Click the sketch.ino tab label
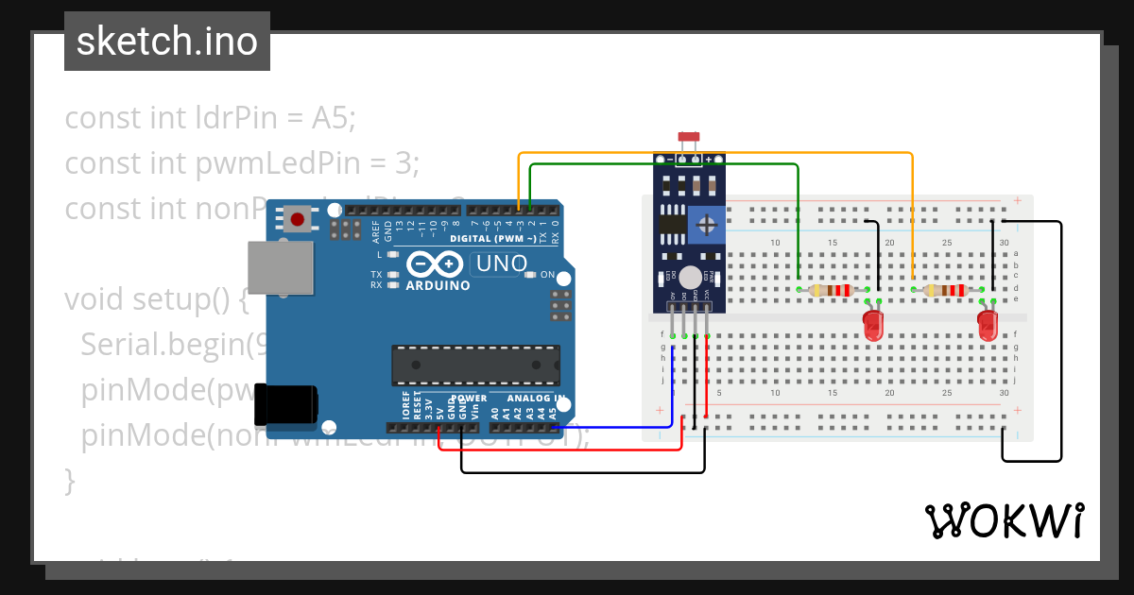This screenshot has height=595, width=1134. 166,42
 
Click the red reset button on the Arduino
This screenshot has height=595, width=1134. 298,220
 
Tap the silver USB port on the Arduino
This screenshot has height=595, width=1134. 280,266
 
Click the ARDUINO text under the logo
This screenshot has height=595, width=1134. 438,285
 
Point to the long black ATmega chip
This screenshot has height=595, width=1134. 476,365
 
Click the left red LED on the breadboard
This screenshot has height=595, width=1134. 874,326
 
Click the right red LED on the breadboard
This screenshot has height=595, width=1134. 988,326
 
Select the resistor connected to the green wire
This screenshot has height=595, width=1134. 831,291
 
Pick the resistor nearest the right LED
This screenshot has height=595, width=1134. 944,291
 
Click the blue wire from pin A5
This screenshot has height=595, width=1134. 624,426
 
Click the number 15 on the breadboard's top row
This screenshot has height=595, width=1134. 833,243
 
